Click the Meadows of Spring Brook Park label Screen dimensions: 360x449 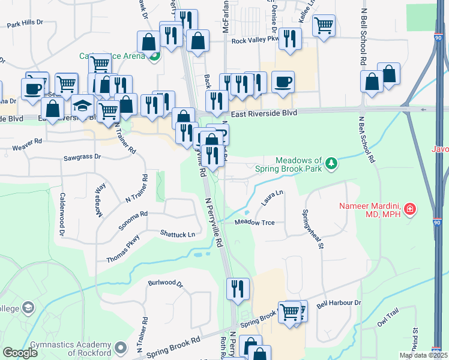click(299, 164)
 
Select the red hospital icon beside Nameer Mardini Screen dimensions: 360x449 click(410, 209)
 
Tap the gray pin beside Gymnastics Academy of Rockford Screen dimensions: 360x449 click(121, 347)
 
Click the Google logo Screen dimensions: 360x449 click(20, 353)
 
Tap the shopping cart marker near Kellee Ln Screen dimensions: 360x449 click(324, 26)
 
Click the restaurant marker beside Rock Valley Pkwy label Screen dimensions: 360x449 click(290, 38)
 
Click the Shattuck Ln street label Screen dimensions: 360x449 click(178, 234)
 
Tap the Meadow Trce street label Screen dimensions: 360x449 click(255, 223)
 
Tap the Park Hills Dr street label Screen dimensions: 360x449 click(25, 24)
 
